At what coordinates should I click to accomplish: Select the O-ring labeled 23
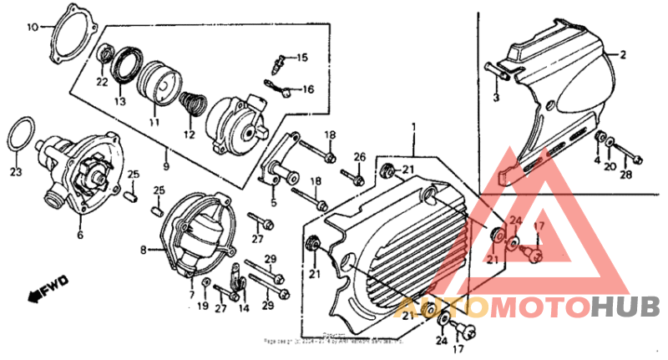(23, 134)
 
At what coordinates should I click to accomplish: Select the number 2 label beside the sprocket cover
(621, 54)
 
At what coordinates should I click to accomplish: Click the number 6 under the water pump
(80, 236)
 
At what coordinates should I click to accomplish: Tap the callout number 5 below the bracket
(273, 201)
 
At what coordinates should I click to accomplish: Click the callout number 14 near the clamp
(244, 308)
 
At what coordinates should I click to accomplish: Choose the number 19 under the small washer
(203, 307)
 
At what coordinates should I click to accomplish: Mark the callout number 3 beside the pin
(494, 99)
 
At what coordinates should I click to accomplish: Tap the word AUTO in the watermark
(443, 307)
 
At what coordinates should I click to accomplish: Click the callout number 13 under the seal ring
(119, 101)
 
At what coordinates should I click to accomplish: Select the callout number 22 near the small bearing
(102, 82)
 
